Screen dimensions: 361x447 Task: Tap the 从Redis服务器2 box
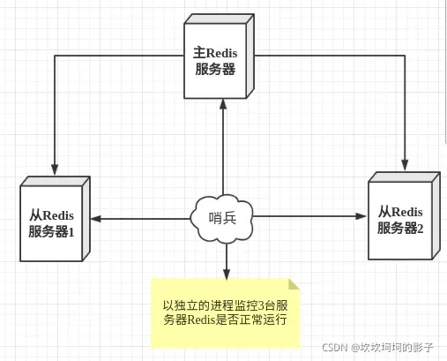(x=400, y=220)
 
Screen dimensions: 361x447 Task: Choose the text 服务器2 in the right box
(x=400, y=228)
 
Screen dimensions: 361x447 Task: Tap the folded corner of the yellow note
(x=294, y=283)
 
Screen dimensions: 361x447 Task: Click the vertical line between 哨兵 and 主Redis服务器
(x=224, y=150)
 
